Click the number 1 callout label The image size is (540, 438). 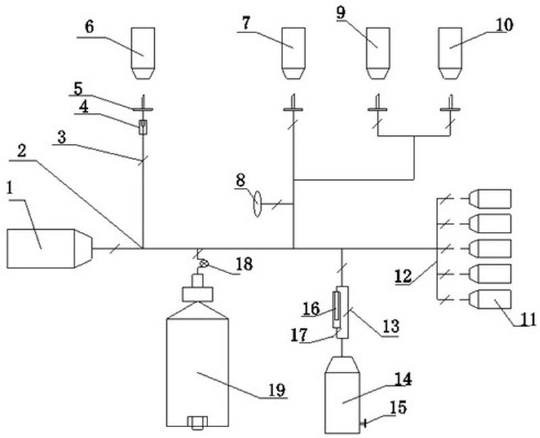point(10,189)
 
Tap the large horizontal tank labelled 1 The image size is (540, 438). point(49,248)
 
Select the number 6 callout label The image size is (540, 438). point(89,27)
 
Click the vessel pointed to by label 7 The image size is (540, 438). point(293,53)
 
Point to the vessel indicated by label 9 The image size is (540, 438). point(378,53)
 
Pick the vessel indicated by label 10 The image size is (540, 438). point(450,53)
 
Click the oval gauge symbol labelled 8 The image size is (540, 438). point(257,204)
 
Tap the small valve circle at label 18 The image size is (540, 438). point(204,264)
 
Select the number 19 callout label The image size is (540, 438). point(277,390)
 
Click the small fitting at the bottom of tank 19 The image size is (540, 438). point(197,422)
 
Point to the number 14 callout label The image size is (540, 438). point(403,379)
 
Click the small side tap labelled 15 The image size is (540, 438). point(363,422)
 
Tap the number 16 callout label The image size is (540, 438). point(312,308)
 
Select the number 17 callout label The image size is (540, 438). point(299,335)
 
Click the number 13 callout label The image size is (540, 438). point(391,326)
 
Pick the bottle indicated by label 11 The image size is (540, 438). point(490,299)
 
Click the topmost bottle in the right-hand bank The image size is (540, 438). point(490,199)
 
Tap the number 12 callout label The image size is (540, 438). point(403,276)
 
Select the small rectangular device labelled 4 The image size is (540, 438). point(143,127)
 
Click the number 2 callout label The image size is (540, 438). point(22,151)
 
